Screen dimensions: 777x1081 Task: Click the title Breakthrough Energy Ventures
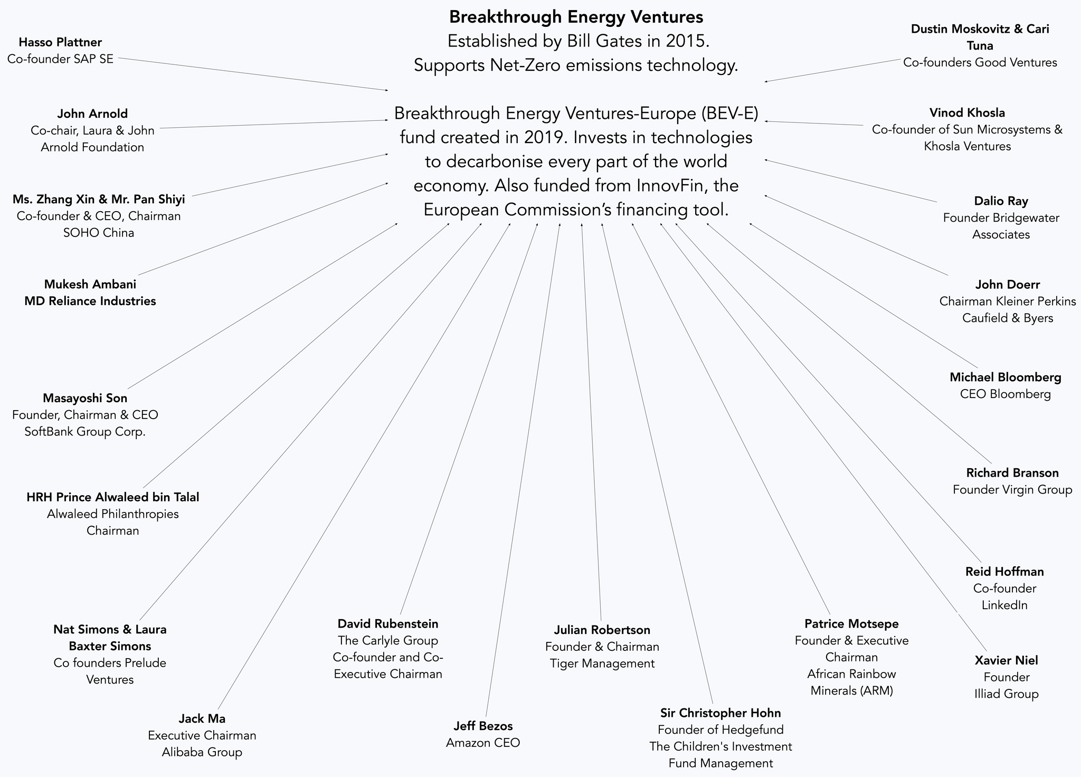click(576, 17)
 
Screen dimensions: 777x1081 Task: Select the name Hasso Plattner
click(60, 42)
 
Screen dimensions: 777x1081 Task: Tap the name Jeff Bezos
click(483, 726)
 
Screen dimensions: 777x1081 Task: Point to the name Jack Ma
click(202, 718)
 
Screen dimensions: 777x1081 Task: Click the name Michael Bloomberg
click(1005, 377)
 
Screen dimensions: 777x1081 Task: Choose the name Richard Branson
click(1012, 472)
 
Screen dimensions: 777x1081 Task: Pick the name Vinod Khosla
click(967, 112)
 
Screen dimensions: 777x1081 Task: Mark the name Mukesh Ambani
click(90, 284)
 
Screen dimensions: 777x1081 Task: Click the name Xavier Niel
click(1006, 660)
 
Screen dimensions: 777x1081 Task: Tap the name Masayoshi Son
click(85, 397)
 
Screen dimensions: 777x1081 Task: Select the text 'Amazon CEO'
click(483, 743)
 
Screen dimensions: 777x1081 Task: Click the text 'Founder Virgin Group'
click(1012, 489)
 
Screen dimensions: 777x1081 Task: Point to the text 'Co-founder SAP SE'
click(60, 59)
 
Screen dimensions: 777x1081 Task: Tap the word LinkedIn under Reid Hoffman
click(1004, 605)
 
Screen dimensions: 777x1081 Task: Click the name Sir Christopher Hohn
click(720, 713)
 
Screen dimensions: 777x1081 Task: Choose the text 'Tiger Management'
click(602, 664)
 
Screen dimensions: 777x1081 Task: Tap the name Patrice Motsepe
click(851, 624)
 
